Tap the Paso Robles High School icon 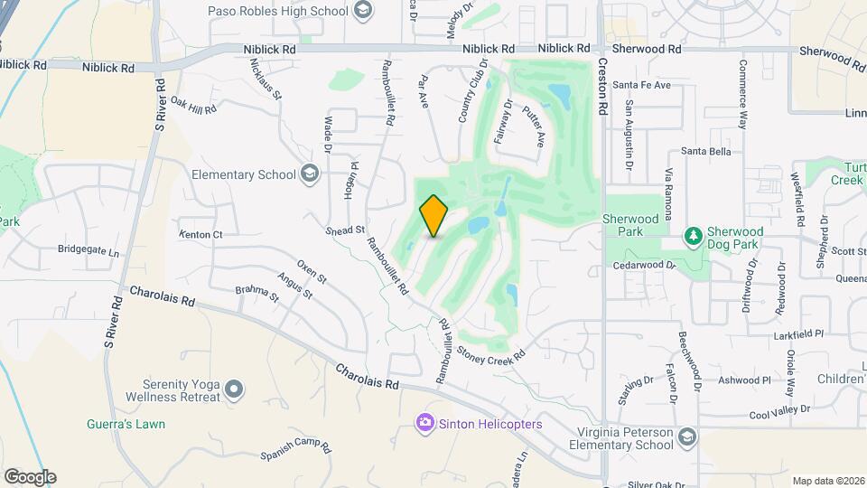tap(363, 11)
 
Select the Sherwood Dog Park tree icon tap(694, 237)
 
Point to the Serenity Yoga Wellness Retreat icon tap(234, 389)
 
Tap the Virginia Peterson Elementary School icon tap(687, 437)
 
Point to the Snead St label tap(346, 230)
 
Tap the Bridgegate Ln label tap(89, 250)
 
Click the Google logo tap(30, 476)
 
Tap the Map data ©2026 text tap(827, 481)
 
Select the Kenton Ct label tap(200, 234)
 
